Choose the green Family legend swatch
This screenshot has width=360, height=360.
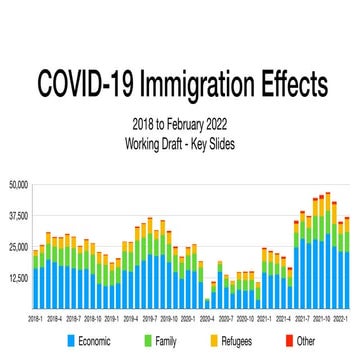click(x=148, y=342)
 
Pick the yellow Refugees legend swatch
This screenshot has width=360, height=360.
click(x=215, y=342)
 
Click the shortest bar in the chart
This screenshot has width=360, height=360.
click(x=208, y=304)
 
